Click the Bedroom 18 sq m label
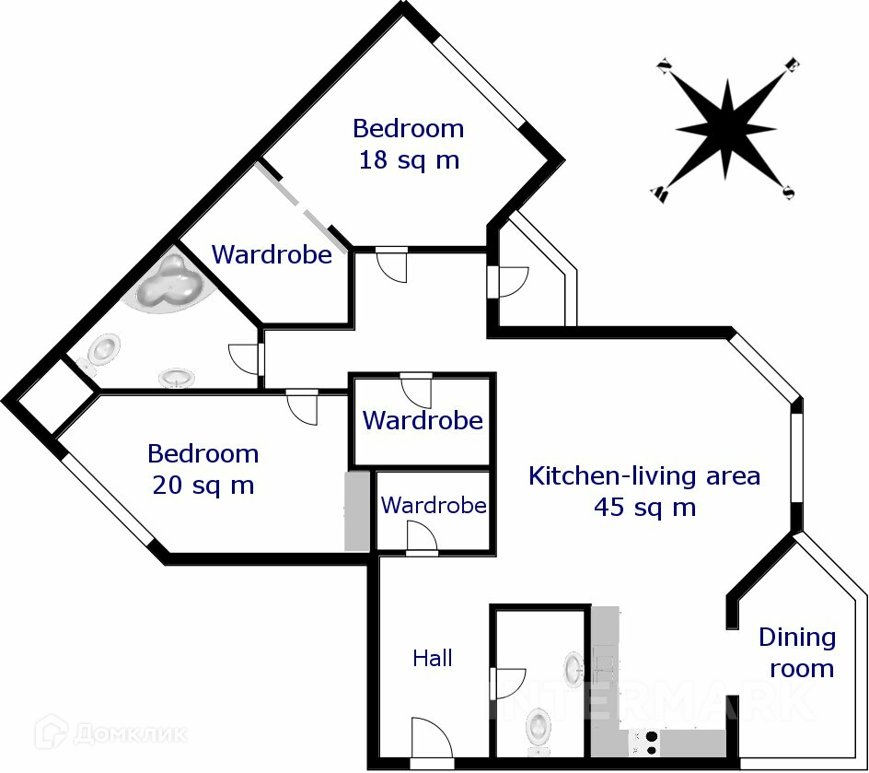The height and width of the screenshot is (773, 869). click(408, 144)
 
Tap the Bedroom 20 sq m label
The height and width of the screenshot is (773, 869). click(203, 469)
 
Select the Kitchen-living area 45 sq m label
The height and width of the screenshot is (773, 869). click(644, 491)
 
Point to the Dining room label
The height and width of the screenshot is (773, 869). click(797, 652)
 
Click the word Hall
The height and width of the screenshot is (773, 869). click(432, 658)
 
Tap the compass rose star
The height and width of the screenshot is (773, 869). click(726, 129)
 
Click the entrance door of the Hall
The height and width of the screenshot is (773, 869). click(431, 741)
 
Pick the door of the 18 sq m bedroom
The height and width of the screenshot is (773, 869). click(392, 264)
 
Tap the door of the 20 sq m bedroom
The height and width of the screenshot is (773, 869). click(302, 406)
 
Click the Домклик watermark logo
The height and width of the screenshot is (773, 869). click(111, 733)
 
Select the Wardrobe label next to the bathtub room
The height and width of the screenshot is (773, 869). click(272, 254)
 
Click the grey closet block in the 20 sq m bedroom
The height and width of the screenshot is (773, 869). click(357, 511)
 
